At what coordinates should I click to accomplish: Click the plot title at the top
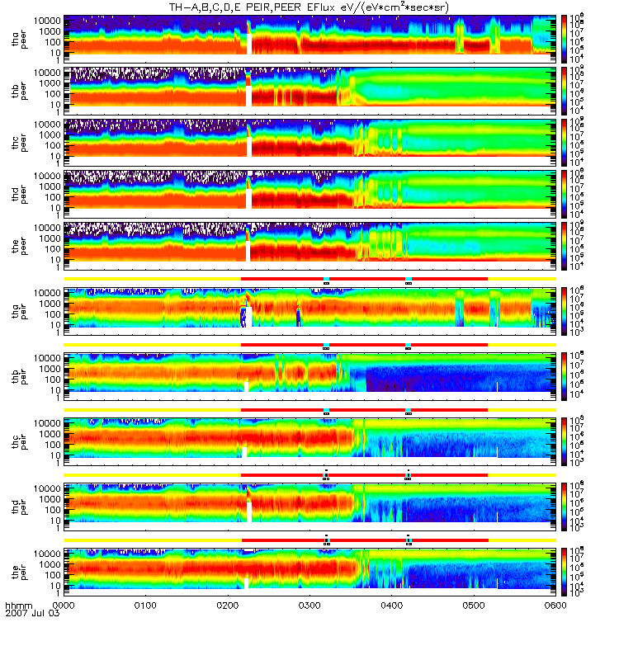pos(309,7)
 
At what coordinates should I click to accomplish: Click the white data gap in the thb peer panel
pos(248,95)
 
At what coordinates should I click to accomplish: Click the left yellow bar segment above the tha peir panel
pos(152,279)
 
